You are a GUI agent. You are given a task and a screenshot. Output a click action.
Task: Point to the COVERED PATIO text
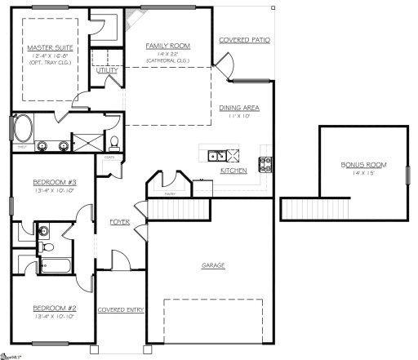tap(244, 39)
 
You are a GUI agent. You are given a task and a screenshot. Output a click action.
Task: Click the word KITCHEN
tap(234, 171)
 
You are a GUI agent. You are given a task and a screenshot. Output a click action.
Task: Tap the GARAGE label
tap(213, 265)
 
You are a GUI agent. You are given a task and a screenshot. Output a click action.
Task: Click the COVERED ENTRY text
tap(121, 310)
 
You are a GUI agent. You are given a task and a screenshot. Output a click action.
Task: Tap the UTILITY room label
tap(107, 71)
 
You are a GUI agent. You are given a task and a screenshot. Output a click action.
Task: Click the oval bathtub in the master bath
tap(23, 128)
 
